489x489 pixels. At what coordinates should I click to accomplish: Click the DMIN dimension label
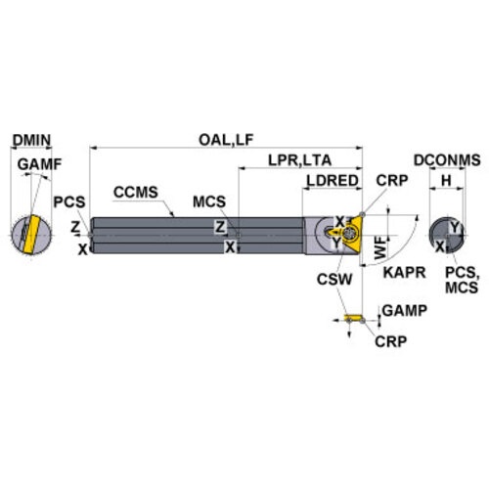[x=31, y=140]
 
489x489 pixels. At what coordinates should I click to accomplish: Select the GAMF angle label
[x=39, y=164]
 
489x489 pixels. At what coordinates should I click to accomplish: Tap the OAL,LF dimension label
[x=226, y=140]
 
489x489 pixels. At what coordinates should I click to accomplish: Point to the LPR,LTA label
[x=299, y=160]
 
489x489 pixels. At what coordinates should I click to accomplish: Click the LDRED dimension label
[x=333, y=181]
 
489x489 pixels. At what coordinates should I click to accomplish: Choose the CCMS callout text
[x=136, y=192]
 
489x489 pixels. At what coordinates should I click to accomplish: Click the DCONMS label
[x=447, y=160]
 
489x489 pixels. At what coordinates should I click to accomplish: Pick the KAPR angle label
[x=404, y=273]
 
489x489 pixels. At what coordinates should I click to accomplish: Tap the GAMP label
[x=405, y=311]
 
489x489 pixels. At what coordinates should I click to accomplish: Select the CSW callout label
[x=334, y=280]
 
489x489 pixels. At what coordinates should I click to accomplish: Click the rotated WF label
[x=380, y=248]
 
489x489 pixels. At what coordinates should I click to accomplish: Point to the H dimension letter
[x=446, y=180]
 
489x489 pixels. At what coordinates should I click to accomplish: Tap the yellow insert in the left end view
[x=31, y=234]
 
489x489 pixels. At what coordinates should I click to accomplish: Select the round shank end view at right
[x=447, y=235]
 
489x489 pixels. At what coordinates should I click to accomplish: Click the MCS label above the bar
[x=209, y=201]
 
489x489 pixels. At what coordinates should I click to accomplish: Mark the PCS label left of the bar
[x=69, y=201]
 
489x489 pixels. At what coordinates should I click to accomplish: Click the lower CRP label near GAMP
[x=391, y=341]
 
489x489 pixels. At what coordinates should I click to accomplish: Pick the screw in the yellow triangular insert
[x=349, y=234]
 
